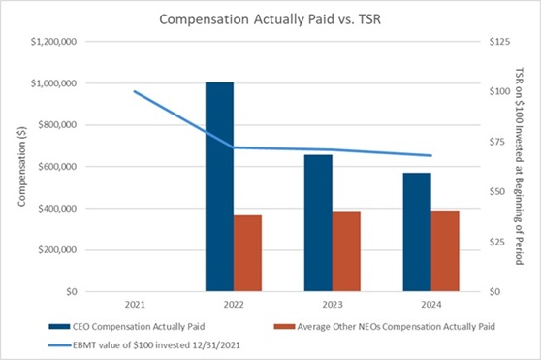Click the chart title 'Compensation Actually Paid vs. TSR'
coord(270,19)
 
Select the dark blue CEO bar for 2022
coord(219,186)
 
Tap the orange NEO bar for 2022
coord(247,253)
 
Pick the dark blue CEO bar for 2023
coord(318,223)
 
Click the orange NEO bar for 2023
coord(346,251)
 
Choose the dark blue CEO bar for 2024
coord(417,232)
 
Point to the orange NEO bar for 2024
coord(445,251)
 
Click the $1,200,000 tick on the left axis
coord(53,42)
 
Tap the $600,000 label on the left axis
coord(57,167)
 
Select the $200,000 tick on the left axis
coord(57,250)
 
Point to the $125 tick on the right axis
coord(499,42)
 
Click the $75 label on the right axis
coord(496,142)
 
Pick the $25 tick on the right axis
coord(496,242)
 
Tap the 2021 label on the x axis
coord(135,305)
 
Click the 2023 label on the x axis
coord(333,305)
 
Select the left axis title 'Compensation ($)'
coord(21,167)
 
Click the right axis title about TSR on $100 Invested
coord(519,166)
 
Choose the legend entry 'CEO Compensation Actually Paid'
coord(127,326)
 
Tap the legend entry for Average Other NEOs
coord(385,326)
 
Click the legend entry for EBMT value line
coord(143,345)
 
